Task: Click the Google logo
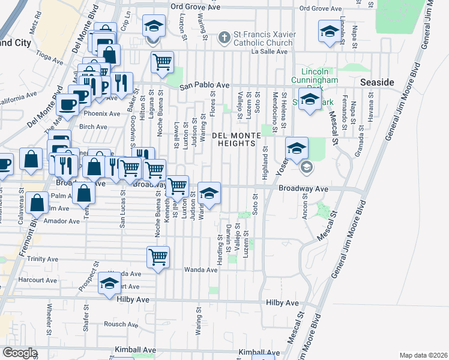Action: [x=20, y=353]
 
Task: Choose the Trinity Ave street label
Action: [x=44, y=259]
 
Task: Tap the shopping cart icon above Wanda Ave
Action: [x=158, y=256]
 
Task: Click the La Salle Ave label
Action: [x=270, y=52]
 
